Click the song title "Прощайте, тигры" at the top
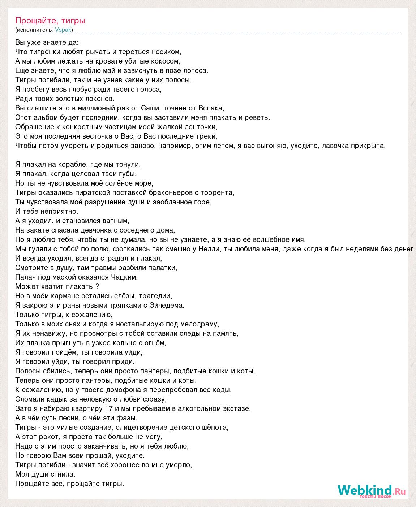tap(50, 21)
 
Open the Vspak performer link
tap(63, 30)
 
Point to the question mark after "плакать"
tap(97, 286)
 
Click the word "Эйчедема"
tap(167, 305)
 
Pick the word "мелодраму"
tap(200, 324)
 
